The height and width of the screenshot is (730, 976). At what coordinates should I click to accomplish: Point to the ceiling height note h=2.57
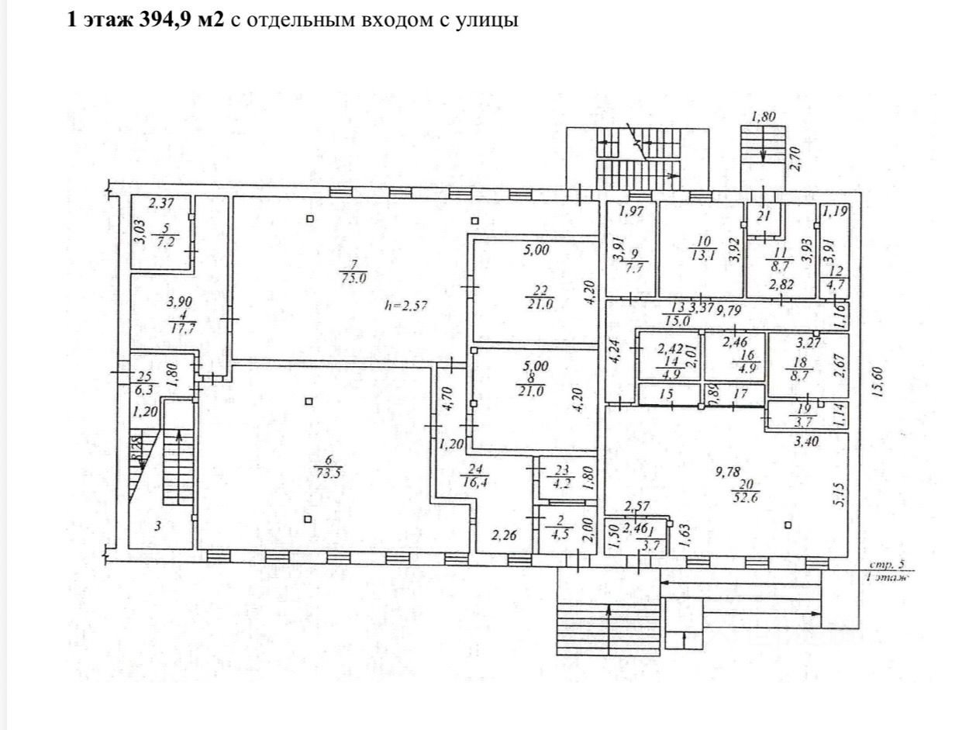point(406,305)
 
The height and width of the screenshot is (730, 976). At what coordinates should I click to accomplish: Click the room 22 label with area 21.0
point(538,297)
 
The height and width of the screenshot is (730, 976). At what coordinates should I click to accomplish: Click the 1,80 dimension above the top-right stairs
point(764,117)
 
